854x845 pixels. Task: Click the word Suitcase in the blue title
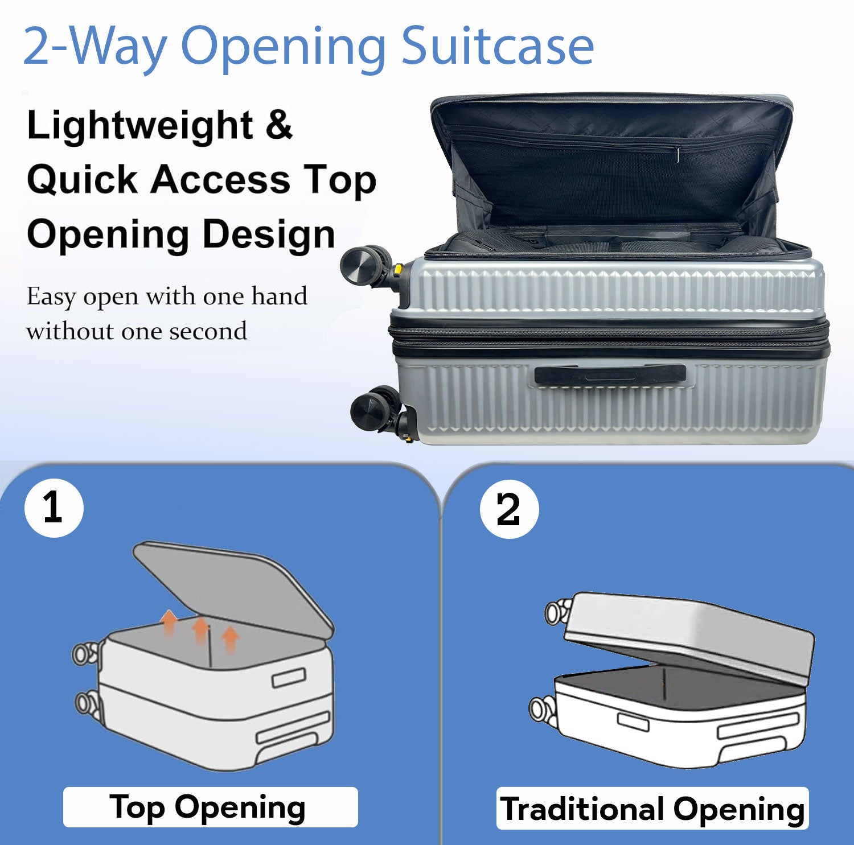[x=498, y=46]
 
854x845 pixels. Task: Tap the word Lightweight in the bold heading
[x=140, y=126]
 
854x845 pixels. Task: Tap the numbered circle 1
[x=54, y=508]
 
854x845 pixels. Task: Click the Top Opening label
[x=210, y=807]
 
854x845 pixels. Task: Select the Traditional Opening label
[x=652, y=809]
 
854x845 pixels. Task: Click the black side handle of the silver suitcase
[x=610, y=375]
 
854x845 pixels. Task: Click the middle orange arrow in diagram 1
[x=200, y=630]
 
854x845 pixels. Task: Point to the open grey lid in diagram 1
[x=233, y=589]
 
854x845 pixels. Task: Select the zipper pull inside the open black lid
[x=678, y=155]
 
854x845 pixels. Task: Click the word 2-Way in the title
[x=95, y=47]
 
